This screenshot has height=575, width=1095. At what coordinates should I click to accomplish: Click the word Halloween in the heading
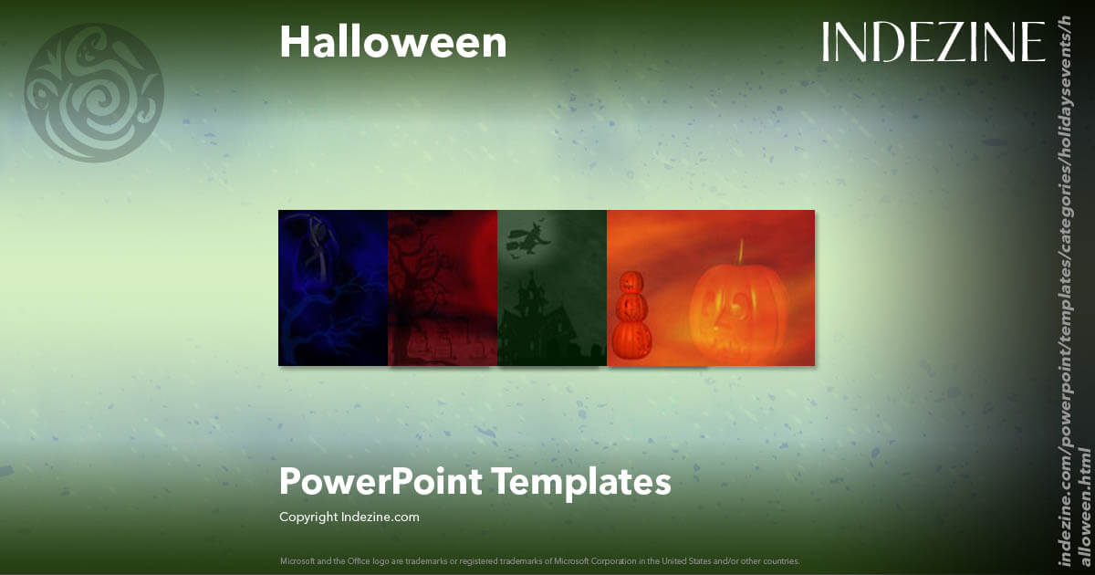click(x=392, y=42)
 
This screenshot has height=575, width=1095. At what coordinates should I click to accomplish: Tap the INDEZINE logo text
click(x=933, y=42)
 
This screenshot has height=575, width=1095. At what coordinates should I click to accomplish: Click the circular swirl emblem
click(x=93, y=92)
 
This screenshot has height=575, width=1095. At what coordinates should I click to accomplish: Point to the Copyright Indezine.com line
click(x=349, y=517)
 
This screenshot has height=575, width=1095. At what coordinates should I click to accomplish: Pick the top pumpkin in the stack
click(x=631, y=284)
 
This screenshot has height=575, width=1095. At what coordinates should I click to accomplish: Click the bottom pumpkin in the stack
click(x=631, y=338)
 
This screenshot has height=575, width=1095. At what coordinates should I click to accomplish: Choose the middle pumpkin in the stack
click(x=631, y=308)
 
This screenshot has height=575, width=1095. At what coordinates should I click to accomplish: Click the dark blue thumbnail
click(x=333, y=287)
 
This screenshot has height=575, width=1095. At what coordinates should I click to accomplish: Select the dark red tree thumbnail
click(x=443, y=287)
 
